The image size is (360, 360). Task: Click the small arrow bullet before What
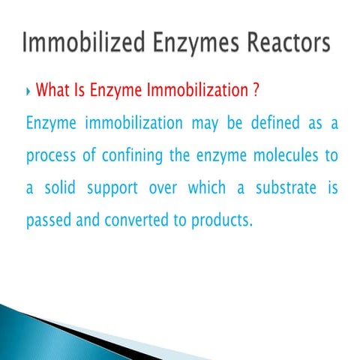pyautogui.click(x=28, y=92)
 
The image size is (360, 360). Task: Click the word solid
pyautogui.click(x=64, y=188)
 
